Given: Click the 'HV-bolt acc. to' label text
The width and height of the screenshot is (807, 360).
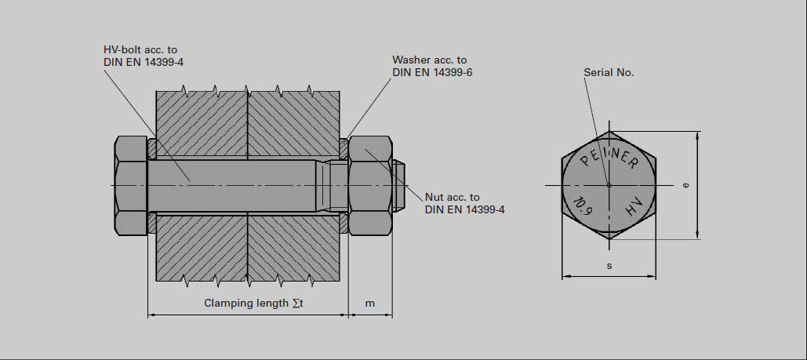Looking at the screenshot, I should [x=140, y=49].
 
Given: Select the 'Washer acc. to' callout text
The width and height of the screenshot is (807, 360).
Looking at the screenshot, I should [x=429, y=60].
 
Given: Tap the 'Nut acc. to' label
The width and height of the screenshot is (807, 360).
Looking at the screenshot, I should [x=452, y=197].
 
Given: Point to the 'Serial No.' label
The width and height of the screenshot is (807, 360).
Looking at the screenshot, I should [x=609, y=72].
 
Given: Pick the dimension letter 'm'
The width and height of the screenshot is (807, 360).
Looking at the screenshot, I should [x=370, y=303].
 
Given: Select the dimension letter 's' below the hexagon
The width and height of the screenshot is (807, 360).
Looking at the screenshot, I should [x=609, y=266].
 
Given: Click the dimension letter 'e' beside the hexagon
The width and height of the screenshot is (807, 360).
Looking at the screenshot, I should [x=685, y=185].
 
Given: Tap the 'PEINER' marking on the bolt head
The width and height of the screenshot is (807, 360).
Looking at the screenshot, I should [x=609, y=157].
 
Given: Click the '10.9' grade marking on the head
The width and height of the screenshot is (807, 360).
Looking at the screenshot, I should [x=581, y=206].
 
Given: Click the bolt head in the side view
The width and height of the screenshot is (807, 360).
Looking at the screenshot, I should [x=131, y=185].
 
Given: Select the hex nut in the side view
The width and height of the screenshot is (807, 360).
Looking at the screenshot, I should [x=370, y=185].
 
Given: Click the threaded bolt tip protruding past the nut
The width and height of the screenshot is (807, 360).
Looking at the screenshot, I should [x=398, y=185].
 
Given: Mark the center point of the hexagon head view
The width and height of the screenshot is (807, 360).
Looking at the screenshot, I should [x=609, y=185].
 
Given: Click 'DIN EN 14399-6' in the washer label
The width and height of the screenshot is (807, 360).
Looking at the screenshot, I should [x=432, y=72].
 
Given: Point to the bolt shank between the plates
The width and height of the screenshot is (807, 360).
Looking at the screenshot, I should [x=235, y=185].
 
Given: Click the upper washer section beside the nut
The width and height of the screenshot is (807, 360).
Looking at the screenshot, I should [x=344, y=147].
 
